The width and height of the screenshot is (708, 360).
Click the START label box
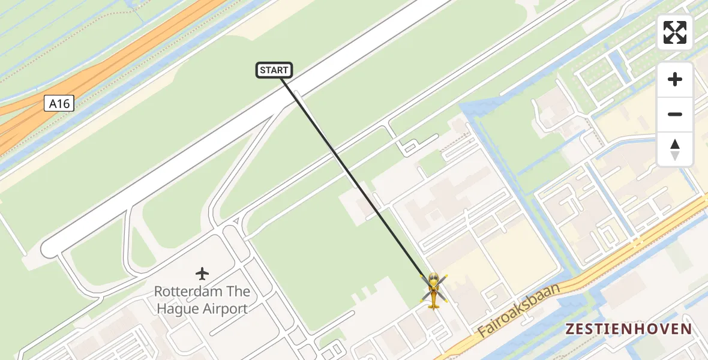point(274,70)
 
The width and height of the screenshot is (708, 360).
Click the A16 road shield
point(59,104)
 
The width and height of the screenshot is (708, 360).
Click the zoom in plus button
point(675,79)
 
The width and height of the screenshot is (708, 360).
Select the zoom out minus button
point(675,114)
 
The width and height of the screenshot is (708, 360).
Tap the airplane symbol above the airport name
point(202,274)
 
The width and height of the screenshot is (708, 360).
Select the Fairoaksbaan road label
point(520,311)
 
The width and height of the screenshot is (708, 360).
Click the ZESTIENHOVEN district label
point(629,329)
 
